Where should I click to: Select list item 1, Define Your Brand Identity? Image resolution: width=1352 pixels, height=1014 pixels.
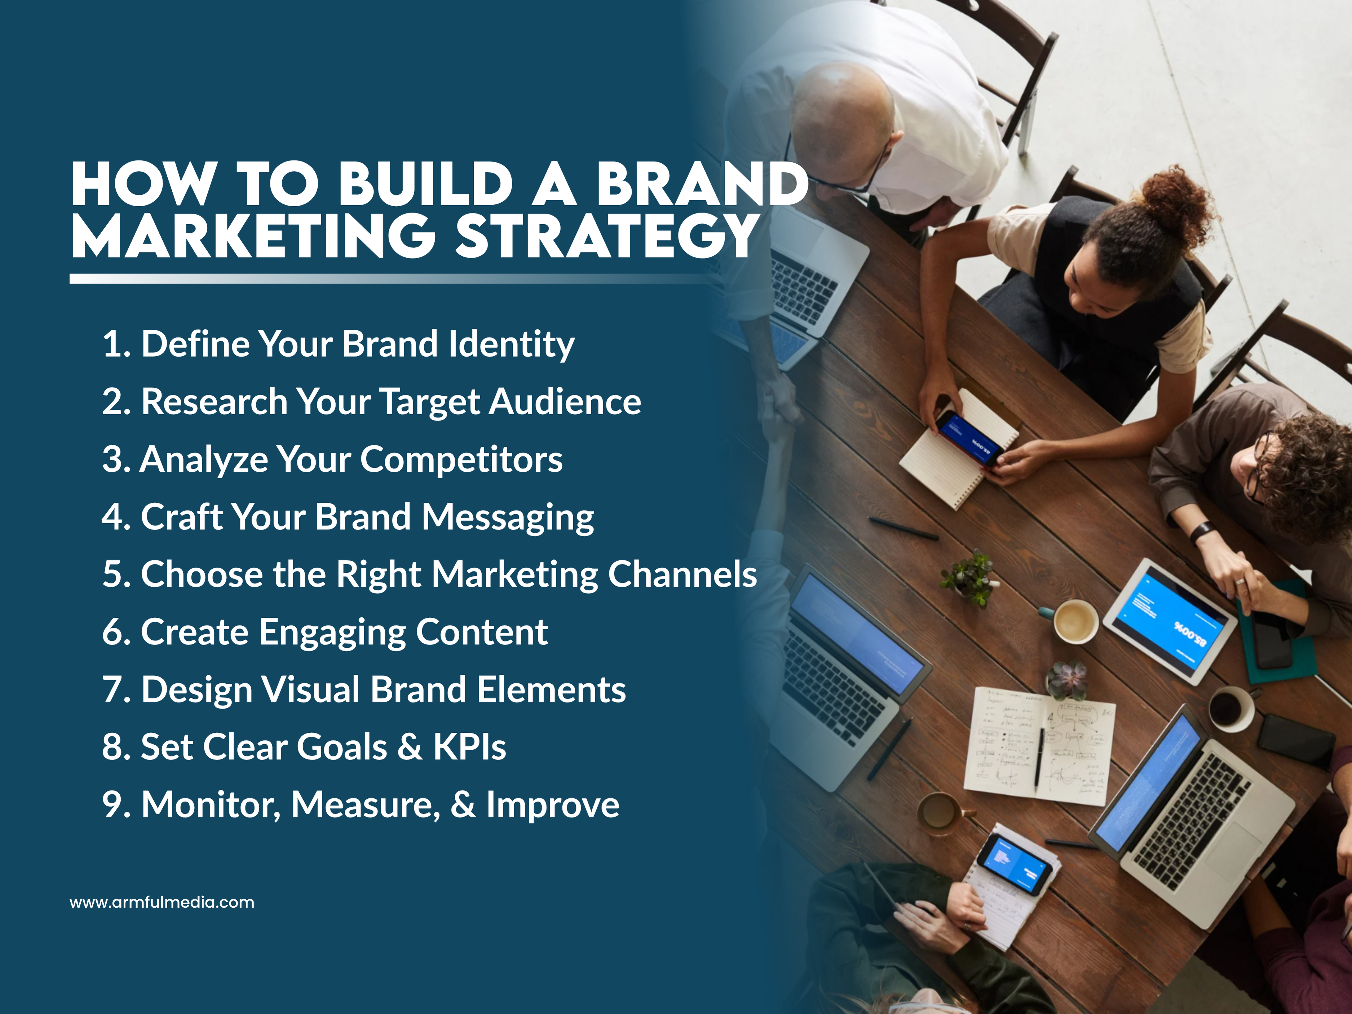pyautogui.click(x=338, y=344)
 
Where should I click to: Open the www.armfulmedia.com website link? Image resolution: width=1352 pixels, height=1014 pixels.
pyautogui.click(x=162, y=902)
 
